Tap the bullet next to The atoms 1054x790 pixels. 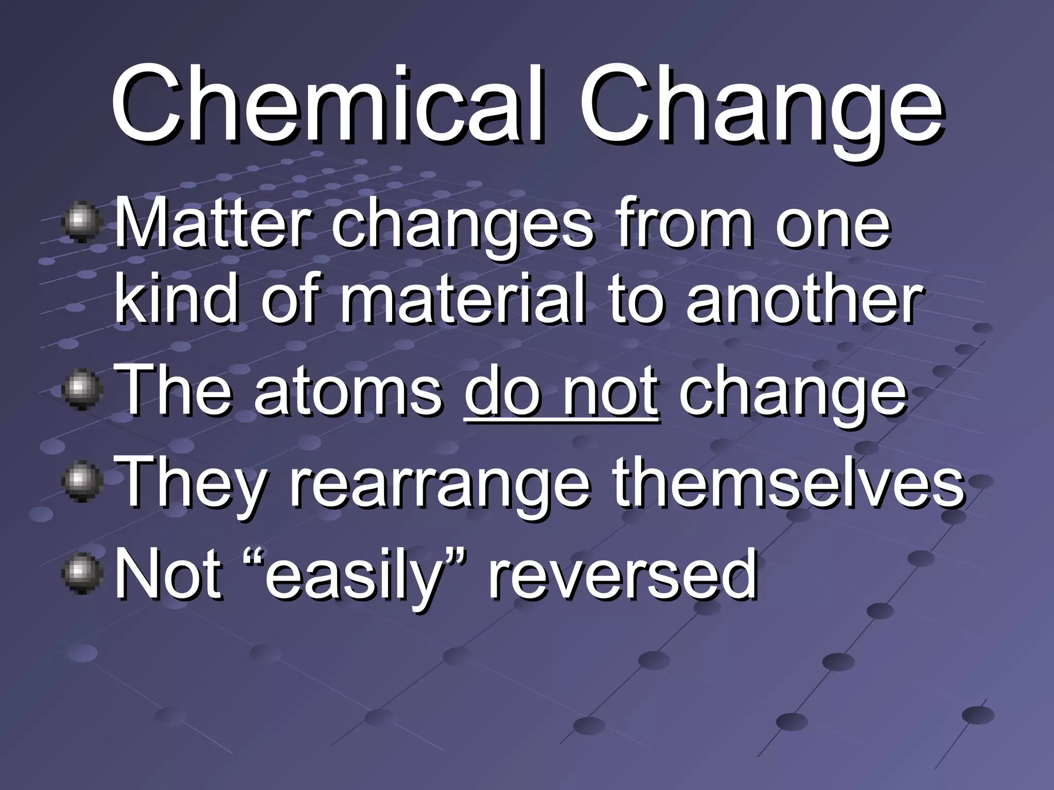(81, 391)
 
